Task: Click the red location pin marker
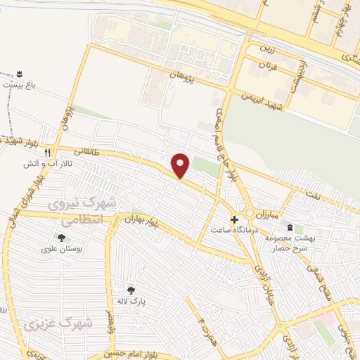[x=181, y=165]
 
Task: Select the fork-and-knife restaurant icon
[x=47, y=152]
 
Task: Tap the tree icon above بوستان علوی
[x=61, y=238]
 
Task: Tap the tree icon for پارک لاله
[x=130, y=290]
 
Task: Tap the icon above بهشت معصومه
[x=289, y=227]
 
